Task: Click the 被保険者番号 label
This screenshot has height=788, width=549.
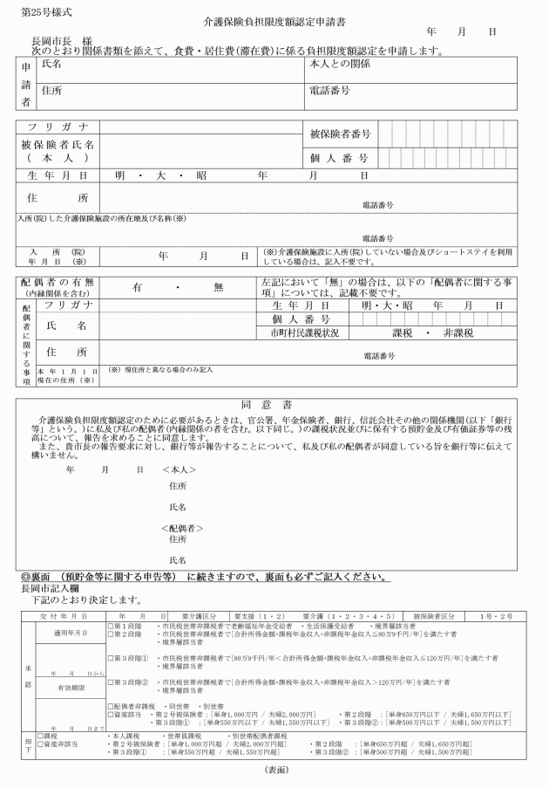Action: click(340, 134)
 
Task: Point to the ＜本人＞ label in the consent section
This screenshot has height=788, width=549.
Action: click(180, 470)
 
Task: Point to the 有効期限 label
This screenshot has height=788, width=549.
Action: click(59, 687)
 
